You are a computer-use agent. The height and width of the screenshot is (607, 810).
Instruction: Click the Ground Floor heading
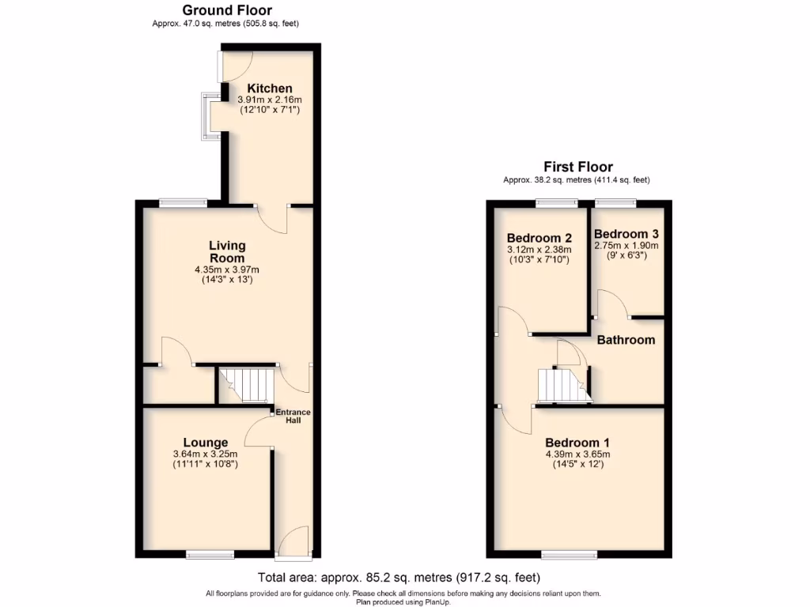pos(227,10)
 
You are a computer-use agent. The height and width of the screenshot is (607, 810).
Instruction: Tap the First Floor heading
pos(577,167)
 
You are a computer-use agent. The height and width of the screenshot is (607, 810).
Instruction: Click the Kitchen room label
pos(270,88)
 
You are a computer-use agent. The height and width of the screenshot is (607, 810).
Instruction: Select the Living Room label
pos(227,252)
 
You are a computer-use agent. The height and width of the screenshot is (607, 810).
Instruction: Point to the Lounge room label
pos(206,442)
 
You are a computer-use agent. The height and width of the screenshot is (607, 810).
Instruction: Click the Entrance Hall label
pos(293,416)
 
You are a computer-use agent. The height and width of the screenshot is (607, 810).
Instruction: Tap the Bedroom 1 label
pos(577,443)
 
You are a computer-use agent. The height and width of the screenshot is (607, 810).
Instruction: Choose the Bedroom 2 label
pos(539,238)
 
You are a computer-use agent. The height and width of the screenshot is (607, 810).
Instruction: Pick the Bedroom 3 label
pos(626,234)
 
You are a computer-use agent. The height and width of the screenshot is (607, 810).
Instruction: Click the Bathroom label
pos(626,340)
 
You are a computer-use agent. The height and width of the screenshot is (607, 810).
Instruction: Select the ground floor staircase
pos(246,386)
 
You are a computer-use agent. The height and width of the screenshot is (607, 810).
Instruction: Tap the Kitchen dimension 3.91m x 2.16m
pos(270,100)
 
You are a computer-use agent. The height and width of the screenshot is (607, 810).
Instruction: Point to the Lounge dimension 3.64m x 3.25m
pos(206,454)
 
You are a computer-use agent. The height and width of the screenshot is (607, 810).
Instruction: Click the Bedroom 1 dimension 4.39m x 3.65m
pos(577,454)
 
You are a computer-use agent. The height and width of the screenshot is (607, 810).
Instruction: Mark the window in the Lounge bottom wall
pos(210,552)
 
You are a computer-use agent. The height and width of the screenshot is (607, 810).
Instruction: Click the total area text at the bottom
pos(399,578)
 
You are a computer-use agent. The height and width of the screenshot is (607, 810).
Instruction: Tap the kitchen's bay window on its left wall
pos(209,116)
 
